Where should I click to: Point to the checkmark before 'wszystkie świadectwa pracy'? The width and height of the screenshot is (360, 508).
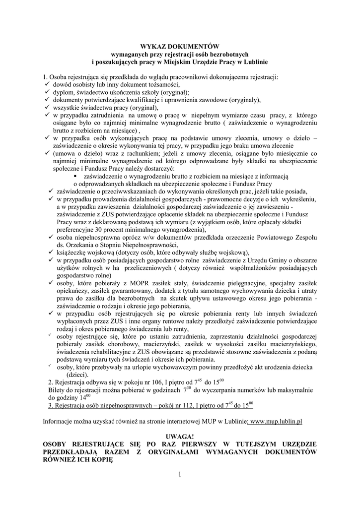46,107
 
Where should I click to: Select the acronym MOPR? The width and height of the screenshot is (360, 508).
128,282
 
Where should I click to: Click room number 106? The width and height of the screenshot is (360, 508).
155,383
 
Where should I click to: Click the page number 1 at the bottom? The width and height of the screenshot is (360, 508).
180,475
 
